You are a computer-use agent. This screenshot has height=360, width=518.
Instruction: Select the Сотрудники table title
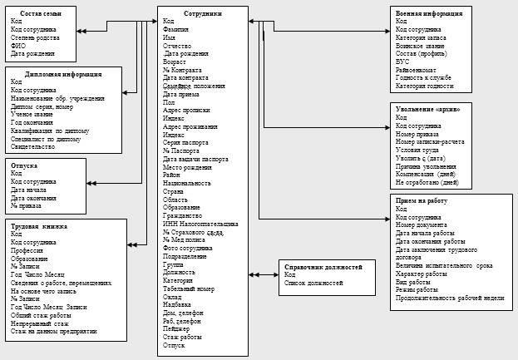[185, 13]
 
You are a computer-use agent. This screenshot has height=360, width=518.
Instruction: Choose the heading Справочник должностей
[323, 267]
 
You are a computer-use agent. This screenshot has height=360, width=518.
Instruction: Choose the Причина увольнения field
[426, 166]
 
